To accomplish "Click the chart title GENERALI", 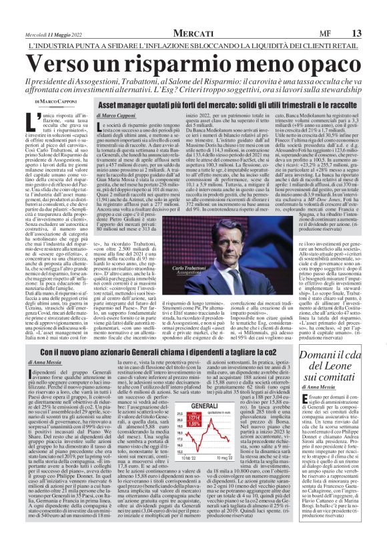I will (x=193, y=406).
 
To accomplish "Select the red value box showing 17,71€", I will (x=193, y=422).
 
